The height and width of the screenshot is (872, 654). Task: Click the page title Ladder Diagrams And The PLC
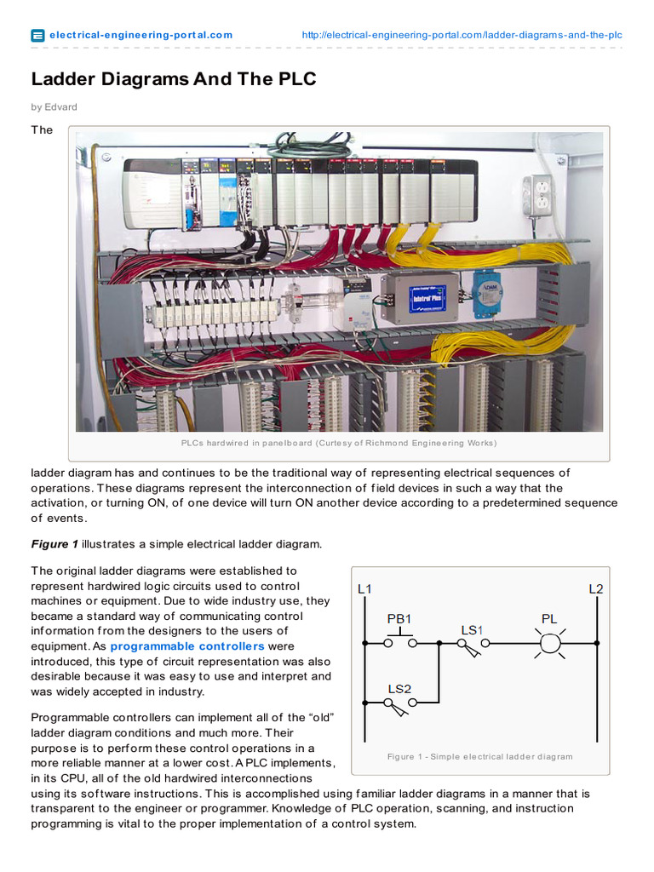[174, 79]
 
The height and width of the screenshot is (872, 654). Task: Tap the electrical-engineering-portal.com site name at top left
[141, 35]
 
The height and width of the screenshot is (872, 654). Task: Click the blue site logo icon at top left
[37, 36]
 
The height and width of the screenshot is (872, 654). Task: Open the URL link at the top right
[462, 35]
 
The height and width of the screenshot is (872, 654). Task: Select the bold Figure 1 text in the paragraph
[54, 543]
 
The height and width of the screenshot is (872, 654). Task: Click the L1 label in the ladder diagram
[364, 588]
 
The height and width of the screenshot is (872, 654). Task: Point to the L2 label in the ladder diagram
[596, 588]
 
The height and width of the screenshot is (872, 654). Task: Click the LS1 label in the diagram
[472, 629]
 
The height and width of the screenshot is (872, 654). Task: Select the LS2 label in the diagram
[399, 688]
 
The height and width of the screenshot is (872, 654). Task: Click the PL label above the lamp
[550, 619]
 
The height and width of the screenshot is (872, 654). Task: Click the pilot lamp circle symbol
[550, 645]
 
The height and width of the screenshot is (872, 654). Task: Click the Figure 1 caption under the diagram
[479, 756]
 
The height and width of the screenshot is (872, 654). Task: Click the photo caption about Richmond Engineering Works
[338, 443]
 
